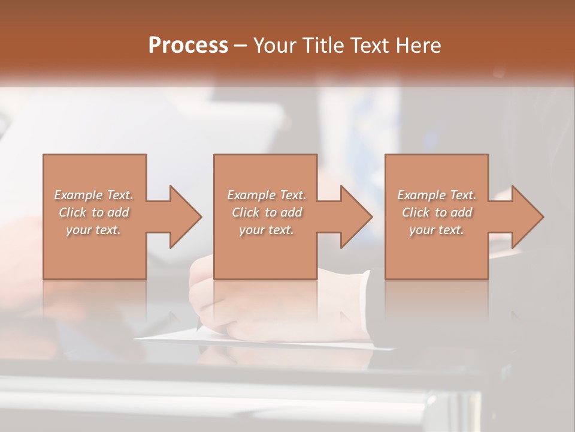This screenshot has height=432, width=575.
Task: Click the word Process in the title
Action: coord(188,46)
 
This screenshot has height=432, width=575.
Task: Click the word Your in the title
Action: coord(276,46)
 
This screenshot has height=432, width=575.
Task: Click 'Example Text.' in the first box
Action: coord(93,195)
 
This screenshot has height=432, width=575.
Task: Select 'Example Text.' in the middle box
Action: coord(267,195)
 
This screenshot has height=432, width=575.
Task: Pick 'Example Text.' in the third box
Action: coord(437,195)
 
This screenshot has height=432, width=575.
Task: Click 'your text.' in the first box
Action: coord(93,230)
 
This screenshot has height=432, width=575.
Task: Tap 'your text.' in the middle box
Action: coord(267,230)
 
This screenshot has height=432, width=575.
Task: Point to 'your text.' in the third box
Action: coord(437,230)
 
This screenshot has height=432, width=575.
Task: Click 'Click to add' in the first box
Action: coord(93,212)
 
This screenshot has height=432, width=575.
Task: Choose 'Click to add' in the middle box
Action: coord(267,212)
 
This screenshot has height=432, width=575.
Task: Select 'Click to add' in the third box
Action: coord(437,212)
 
